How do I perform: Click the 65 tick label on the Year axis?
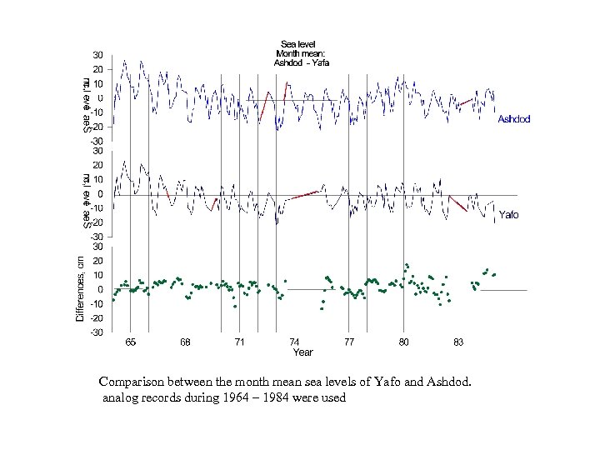click(x=131, y=342)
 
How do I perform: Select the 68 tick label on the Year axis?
click(x=185, y=342)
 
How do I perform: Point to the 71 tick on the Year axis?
click(x=240, y=342)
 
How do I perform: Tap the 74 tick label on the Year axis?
click(x=294, y=342)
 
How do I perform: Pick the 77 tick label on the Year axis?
click(x=349, y=342)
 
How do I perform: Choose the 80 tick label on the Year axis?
click(x=403, y=342)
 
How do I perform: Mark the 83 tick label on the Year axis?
click(x=458, y=342)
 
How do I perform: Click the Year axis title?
click(x=302, y=352)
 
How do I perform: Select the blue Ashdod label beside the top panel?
click(x=514, y=119)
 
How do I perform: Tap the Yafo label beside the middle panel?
click(x=508, y=215)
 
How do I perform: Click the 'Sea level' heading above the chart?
click(x=297, y=44)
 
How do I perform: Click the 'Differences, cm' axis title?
click(x=80, y=280)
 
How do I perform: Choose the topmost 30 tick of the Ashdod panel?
click(x=97, y=55)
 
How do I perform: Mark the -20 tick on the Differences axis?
click(x=97, y=318)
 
